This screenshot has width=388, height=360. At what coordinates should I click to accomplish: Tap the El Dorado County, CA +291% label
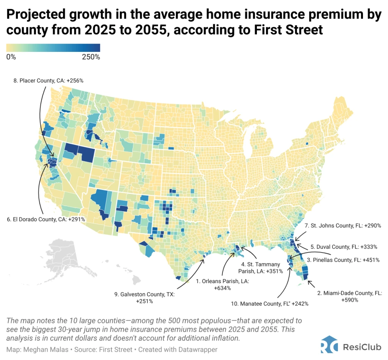tap(46, 219)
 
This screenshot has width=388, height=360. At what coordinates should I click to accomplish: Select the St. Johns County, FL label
tap(343, 225)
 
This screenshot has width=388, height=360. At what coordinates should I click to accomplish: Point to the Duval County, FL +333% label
tap(344, 247)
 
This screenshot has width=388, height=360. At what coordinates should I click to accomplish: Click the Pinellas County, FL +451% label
tap(343, 260)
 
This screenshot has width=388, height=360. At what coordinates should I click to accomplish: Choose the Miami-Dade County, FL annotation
tap(349, 296)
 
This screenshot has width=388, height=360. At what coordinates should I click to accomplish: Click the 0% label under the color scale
tap(11, 57)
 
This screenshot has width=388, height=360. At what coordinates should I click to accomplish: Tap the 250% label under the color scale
tap(91, 57)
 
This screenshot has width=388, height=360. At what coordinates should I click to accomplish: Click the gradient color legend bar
tap(53, 48)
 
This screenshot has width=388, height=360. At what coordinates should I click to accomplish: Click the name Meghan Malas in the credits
tap(39, 349)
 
